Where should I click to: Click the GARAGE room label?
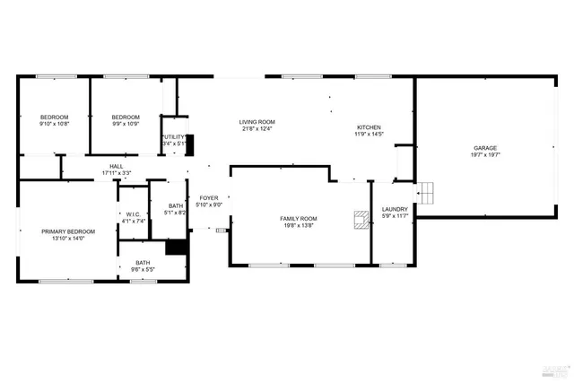(485, 148)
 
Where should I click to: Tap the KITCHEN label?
(370, 127)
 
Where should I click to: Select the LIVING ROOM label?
(257, 122)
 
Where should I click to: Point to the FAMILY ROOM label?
(298, 219)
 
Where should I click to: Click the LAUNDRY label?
(395, 209)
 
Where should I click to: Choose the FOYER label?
(209, 197)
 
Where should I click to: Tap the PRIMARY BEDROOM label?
(68, 231)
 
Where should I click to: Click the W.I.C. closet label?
(133, 214)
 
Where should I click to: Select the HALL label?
(117, 166)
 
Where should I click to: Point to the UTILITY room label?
(174, 136)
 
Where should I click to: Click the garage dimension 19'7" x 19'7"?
(485, 155)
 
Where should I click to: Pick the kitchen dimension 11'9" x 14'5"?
(370, 135)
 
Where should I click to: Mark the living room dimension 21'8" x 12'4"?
(257, 129)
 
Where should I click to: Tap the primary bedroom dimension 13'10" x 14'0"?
(68, 239)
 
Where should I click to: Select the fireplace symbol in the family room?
(361, 221)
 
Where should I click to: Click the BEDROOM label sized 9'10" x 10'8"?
(54, 117)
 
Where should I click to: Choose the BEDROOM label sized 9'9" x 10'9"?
(126, 117)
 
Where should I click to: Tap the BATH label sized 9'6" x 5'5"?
(143, 263)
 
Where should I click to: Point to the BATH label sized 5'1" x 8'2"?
(176, 206)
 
